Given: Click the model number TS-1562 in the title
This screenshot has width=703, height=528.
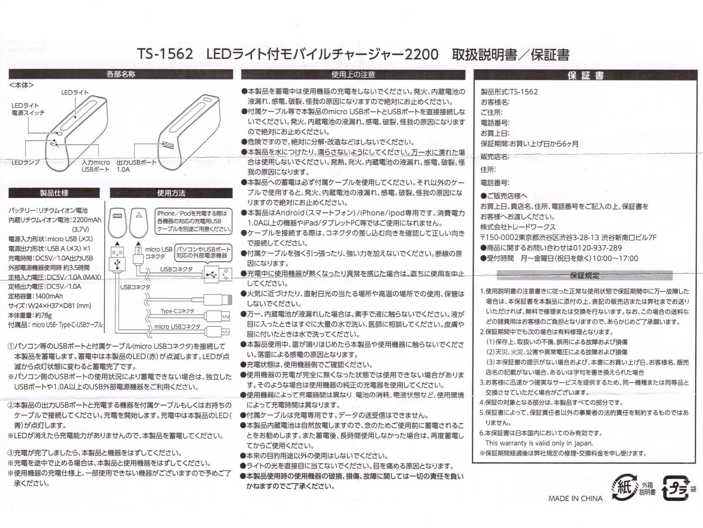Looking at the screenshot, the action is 165,54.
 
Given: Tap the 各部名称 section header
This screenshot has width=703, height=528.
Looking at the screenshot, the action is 121,74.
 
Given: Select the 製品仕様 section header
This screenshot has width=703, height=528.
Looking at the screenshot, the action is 54,193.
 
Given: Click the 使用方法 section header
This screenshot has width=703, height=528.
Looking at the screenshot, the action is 171,193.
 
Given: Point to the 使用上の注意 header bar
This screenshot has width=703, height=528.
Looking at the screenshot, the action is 353,75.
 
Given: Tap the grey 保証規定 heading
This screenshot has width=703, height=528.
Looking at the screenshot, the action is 584,275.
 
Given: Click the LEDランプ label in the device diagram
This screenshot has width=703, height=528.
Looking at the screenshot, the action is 25,162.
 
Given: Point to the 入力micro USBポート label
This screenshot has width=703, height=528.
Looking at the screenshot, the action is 96,166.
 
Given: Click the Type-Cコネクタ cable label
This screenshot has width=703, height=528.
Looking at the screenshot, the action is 177,311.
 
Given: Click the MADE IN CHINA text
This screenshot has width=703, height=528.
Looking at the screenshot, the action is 575,498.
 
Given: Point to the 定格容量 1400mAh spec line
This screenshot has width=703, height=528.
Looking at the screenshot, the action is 35,296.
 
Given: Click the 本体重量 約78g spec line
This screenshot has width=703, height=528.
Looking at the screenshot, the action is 30,315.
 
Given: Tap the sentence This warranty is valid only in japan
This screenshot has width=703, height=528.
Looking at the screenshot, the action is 539,443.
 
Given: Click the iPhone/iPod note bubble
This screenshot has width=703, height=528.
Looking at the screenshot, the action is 194,221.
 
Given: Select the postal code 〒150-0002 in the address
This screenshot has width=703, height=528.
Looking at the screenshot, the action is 499,237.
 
